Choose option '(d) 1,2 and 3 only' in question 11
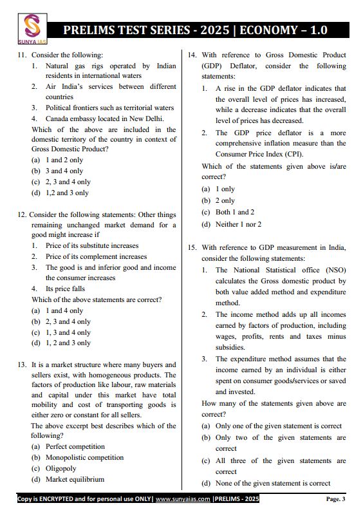pos(60,193)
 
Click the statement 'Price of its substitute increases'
pos(91,245)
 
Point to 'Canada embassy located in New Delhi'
pos(104,118)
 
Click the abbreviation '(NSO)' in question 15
pos(333,270)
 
